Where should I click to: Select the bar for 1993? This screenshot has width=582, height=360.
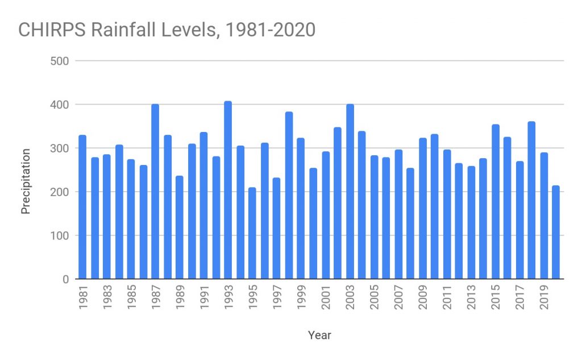[x=228, y=191]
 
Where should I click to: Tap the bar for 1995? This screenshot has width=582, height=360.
[x=252, y=233]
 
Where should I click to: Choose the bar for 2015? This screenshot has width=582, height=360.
[x=495, y=202]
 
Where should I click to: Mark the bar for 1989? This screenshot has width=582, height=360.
[x=180, y=227]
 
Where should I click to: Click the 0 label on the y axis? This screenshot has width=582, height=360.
[x=65, y=279]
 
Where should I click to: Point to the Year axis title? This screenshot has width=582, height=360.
[x=319, y=335]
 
